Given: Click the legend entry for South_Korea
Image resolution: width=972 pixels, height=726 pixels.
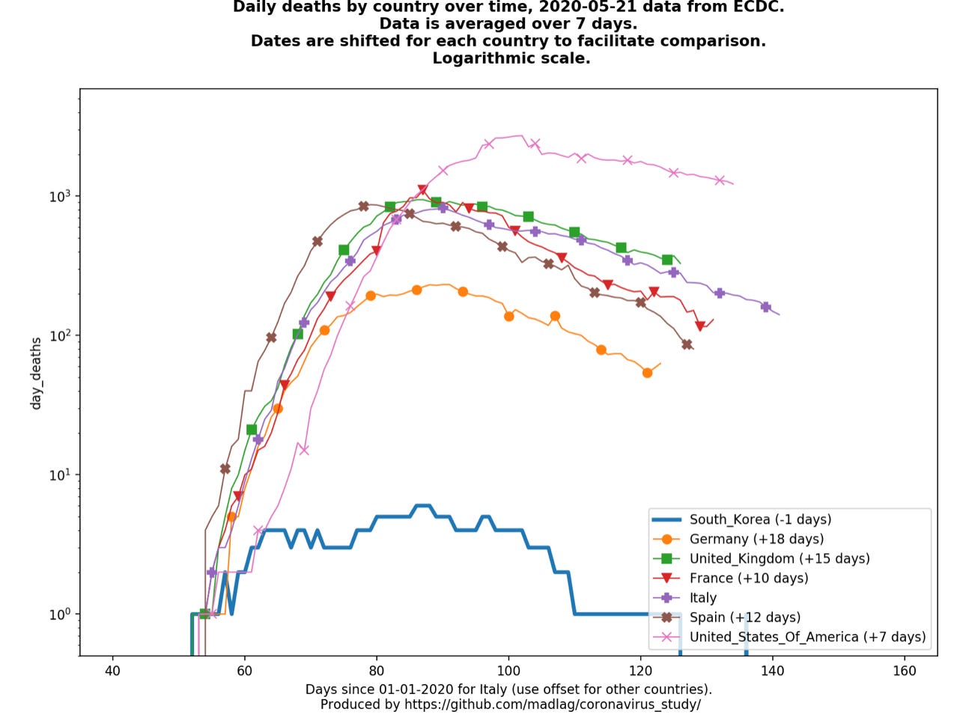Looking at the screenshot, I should pos(760,519).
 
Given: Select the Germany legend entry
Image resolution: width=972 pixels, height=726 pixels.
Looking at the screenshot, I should pos(756,539).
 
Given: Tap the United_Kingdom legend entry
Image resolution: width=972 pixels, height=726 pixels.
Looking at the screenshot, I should pos(779,558).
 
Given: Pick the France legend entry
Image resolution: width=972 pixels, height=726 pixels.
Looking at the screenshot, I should pos(749,578).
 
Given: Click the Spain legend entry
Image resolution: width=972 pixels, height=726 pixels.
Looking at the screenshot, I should pos(744,617).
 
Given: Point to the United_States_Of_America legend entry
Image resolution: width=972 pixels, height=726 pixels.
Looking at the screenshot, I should pos(807,637).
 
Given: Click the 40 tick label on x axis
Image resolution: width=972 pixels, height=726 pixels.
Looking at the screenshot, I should pos(112,671).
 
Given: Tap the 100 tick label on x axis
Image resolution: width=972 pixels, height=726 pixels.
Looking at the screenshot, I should pos(508,671).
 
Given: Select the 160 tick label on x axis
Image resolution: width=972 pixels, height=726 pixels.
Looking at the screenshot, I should pos(904,671).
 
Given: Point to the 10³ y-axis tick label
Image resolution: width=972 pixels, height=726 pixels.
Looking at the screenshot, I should pos(59,196).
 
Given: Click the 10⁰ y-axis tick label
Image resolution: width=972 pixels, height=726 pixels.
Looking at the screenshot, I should pos(59,614).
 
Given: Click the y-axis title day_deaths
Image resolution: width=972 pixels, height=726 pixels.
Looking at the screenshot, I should pos(36,373).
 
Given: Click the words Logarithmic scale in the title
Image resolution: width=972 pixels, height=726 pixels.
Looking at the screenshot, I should pos(511,58).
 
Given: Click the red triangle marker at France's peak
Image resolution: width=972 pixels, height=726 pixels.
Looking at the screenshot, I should pos(422,190).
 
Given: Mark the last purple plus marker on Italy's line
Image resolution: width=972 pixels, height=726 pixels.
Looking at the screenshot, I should pos(765,307).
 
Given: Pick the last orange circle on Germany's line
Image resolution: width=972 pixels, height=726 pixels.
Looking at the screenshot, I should pos(647,373).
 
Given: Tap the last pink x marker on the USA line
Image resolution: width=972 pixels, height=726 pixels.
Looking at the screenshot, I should pos(720,180).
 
